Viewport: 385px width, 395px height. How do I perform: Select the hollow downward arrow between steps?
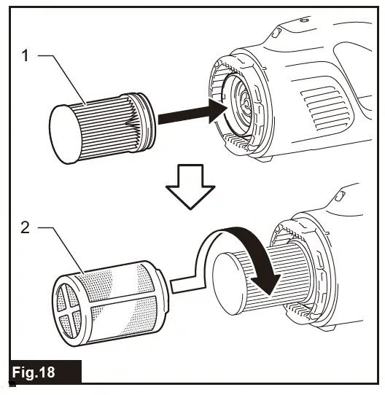pos(192,187)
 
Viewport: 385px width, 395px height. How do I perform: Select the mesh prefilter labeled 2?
pos(109,299)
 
